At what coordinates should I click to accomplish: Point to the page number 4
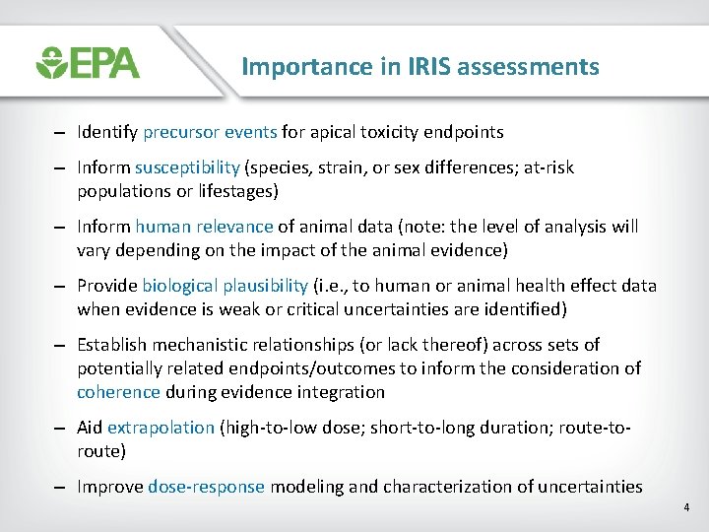[686, 507]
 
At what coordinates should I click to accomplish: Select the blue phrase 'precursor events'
[210, 132]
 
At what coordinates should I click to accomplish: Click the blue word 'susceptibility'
[187, 167]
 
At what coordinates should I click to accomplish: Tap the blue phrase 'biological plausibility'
[225, 286]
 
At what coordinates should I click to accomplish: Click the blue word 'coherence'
[118, 392]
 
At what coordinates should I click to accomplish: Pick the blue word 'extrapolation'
[161, 428]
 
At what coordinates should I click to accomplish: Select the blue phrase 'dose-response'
[207, 487]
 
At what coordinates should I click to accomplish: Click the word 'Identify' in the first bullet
[107, 132]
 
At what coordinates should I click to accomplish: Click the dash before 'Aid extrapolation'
[60, 428]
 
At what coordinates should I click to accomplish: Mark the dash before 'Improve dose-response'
[60, 487]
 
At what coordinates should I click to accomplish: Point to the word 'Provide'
[107, 286]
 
